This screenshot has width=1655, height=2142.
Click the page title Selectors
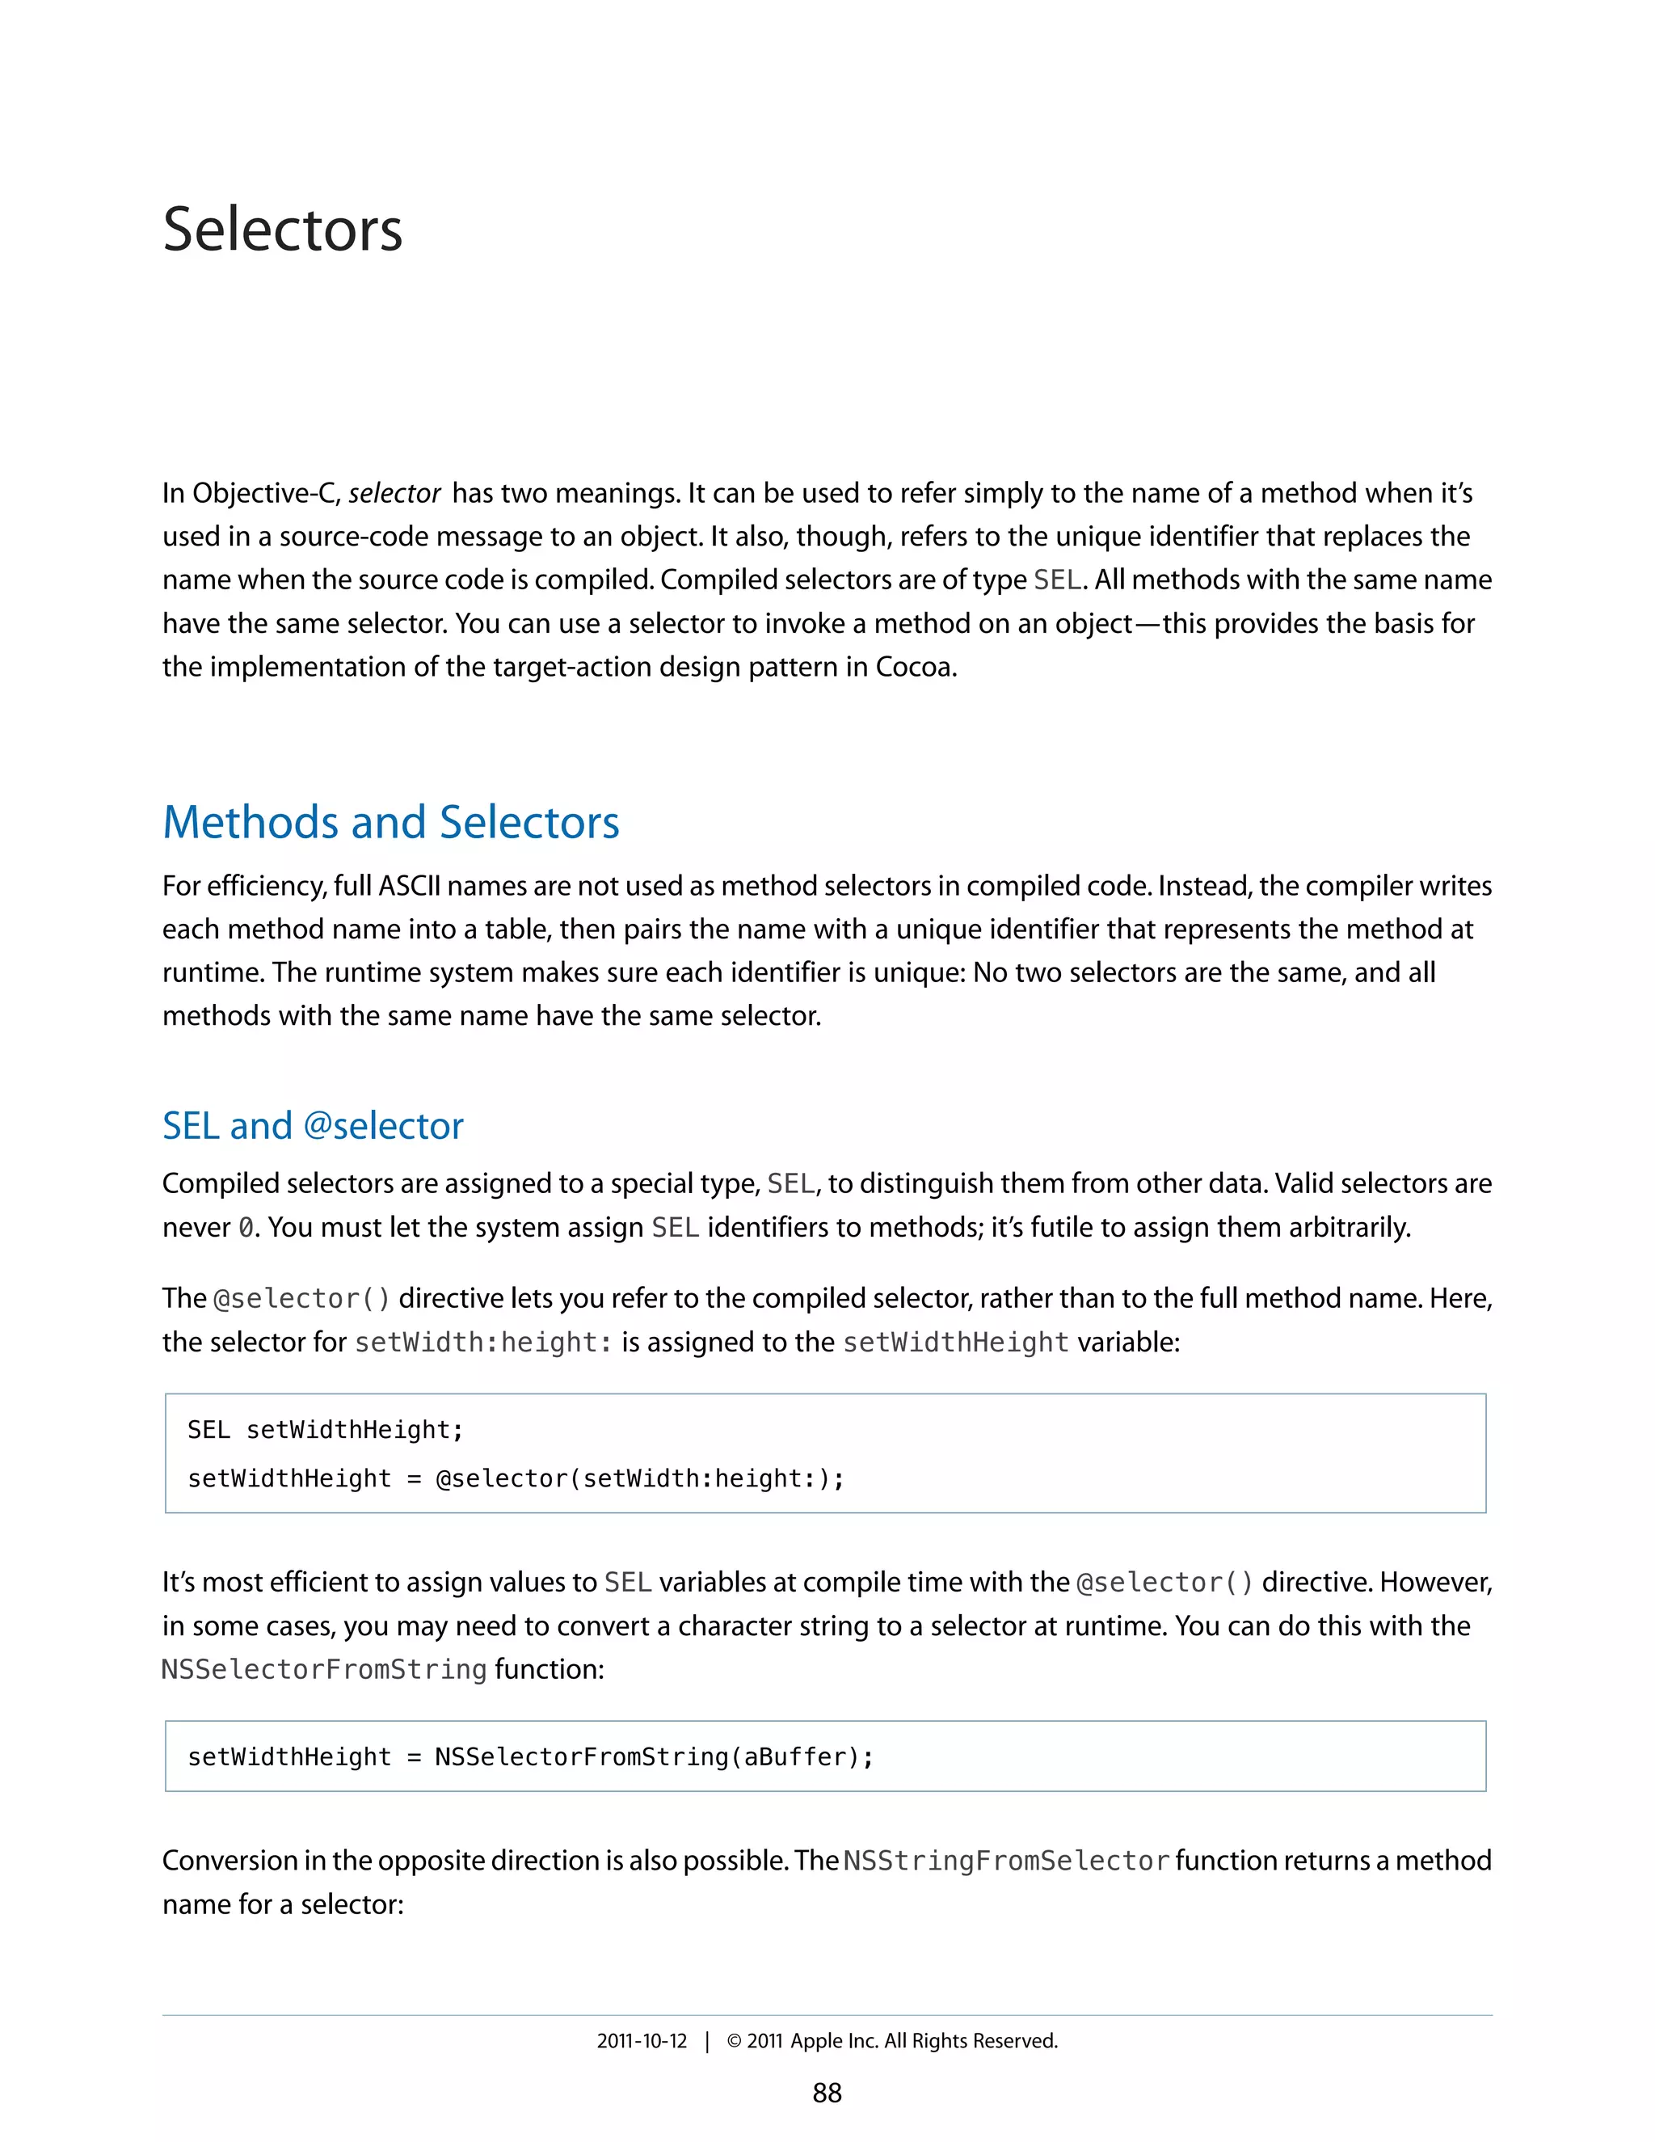pyautogui.click(x=282, y=230)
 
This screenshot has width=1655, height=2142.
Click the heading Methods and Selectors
pyautogui.click(x=390, y=822)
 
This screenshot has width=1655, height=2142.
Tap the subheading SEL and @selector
pyautogui.click(x=312, y=1125)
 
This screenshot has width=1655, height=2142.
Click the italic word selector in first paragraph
pyautogui.click(x=394, y=493)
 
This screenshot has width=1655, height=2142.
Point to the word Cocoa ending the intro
pyautogui.click(x=914, y=667)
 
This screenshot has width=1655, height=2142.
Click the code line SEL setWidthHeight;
pyautogui.click(x=325, y=1430)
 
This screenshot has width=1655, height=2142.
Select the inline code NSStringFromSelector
pyautogui.click(x=1006, y=1861)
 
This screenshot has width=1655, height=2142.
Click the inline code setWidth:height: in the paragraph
pyautogui.click(x=483, y=1342)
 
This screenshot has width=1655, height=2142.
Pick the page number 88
pyautogui.click(x=827, y=2093)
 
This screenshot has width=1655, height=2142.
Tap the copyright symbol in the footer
pyautogui.click(x=734, y=2041)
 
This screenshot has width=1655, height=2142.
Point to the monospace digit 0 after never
pyautogui.click(x=246, y=1228)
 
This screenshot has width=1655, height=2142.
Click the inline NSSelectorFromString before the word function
pyautogui.click(x=323, y=1669)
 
